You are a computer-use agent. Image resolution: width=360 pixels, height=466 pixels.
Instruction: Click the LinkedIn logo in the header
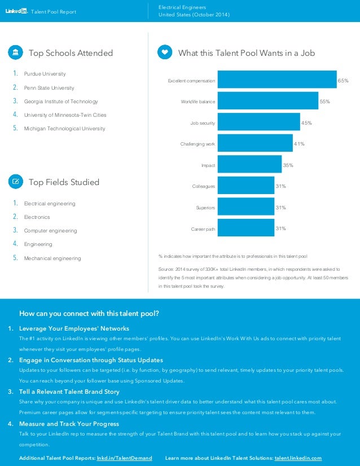tap(16, 11)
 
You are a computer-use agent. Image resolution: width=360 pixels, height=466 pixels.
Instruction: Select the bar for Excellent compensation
tap(276, 80)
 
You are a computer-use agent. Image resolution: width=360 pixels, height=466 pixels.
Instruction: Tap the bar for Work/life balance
tap(267, 100)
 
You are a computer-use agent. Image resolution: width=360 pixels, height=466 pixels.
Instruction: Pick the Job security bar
tap(258, 122)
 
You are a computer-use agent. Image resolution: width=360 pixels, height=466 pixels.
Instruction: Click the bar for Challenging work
tap(255, 143)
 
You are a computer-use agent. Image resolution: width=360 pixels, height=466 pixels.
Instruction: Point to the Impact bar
tap(249, 165)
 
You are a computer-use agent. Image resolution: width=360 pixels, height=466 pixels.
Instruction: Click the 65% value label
tap(343, 81)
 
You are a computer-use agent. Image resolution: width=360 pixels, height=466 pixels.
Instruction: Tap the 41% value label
tap(300, 144)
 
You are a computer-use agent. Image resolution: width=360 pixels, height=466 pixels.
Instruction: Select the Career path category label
tap(203, 229)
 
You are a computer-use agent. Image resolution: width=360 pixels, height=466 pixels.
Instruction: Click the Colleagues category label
tap(204, 186)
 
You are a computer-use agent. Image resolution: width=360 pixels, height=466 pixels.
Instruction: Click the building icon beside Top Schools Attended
tap(15, 52)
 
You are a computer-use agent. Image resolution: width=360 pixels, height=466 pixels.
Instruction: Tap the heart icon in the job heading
tap(165, 52)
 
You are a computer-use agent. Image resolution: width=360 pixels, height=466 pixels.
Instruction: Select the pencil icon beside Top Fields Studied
tap(15, 182)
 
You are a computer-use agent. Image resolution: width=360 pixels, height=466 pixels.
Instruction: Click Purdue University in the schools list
tap(45, 74)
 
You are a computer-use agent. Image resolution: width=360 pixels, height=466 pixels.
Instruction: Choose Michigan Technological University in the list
tap(64, 129)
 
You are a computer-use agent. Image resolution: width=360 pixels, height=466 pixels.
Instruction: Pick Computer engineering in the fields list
tap(50, 231)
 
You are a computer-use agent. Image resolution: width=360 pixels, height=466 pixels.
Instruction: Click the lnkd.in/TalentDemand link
tap(125, 458)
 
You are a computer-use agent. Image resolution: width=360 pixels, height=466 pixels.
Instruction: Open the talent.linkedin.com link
tap(298, 458)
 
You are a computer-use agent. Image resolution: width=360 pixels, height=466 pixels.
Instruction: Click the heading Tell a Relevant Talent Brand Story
tap(69, 392)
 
